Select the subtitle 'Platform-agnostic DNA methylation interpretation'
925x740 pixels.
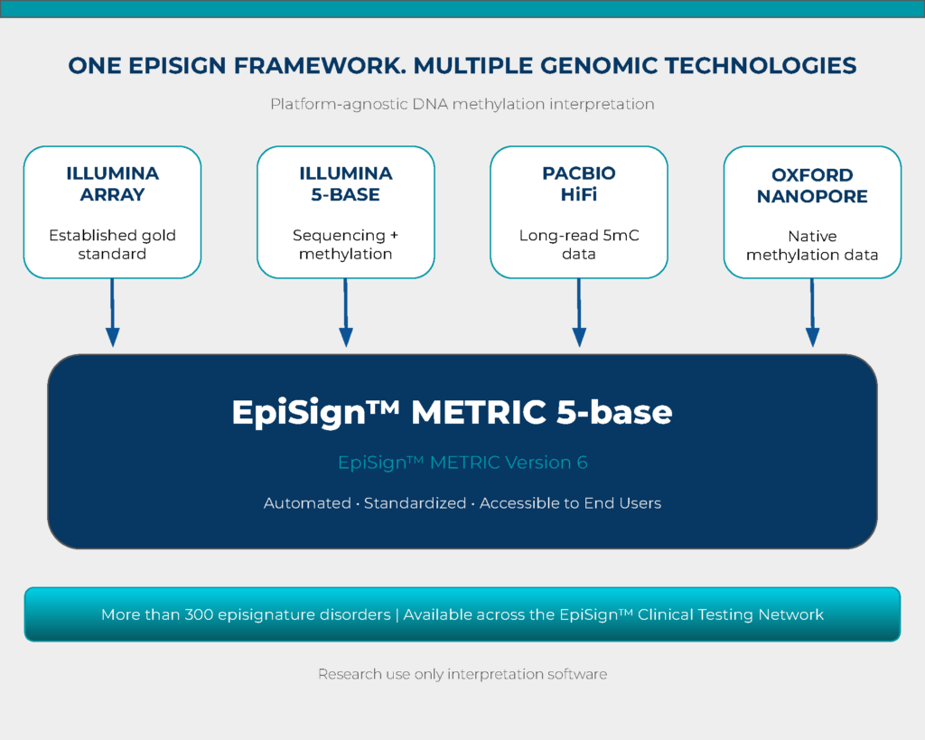point(462,105)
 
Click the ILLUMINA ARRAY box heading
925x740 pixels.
point(112,184)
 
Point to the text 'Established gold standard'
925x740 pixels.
point(112,244)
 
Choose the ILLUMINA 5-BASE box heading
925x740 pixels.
point(346,184)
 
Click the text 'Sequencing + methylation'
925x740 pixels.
point(346,244)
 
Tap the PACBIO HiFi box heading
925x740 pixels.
point(579,184)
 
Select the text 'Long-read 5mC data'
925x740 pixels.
point(579,244)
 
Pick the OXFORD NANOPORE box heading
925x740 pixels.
point(812,185)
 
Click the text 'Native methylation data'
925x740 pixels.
point(812,246)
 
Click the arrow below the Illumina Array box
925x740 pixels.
point(112,313)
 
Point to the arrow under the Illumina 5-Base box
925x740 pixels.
point(346,313)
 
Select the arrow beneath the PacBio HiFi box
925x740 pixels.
point(579,313)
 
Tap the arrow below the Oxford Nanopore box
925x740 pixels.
point(812,313)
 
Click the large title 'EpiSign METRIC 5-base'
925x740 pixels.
point(452,412)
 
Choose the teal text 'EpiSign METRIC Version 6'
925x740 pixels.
point(462,463)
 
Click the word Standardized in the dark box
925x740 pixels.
point(415,503)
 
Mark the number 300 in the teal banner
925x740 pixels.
point(199,615)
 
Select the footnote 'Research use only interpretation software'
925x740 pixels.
point(462,675)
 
